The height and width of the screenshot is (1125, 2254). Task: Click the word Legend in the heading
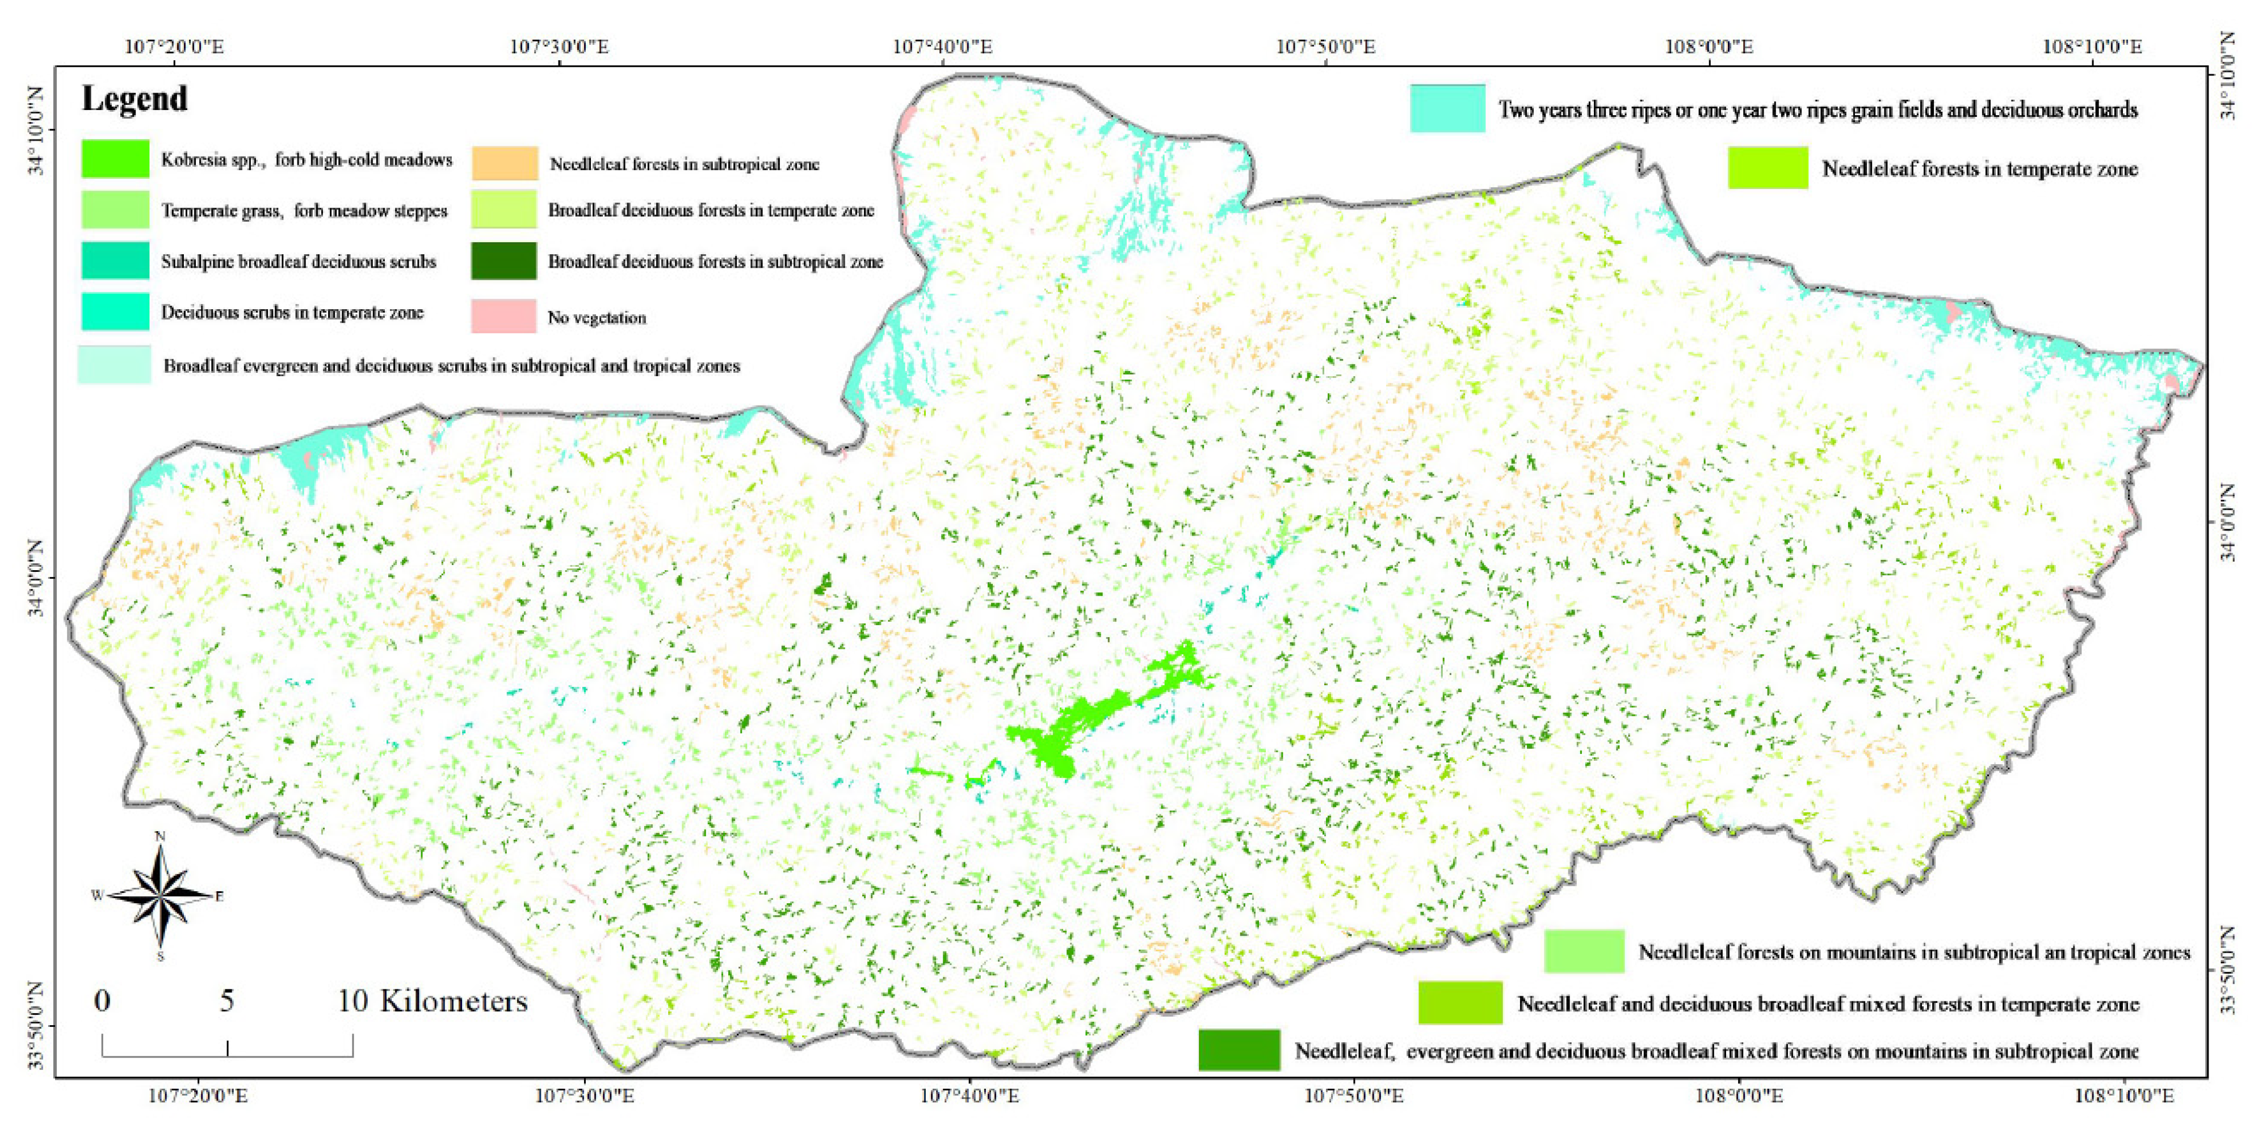[x=134, y=99]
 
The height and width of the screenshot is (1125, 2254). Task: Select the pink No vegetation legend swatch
[x=503, y=316]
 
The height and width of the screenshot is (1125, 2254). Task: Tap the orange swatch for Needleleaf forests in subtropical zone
[x=505, y=163]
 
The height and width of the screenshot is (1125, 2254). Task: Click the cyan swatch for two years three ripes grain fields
[x=1446, y=108]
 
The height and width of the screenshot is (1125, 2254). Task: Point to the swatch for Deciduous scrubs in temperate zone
[x=115, y=312]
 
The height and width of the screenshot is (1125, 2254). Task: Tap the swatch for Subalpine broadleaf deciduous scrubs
[x=115, y=261]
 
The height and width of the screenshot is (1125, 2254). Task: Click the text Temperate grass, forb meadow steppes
[x=304, y=211]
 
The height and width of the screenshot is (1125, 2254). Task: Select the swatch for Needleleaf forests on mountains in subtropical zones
[x=1584, y=951]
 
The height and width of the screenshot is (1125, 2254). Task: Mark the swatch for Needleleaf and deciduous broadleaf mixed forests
[x=1459, y=1002]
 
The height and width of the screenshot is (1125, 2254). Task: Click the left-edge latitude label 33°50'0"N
[x=35, y=1025]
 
